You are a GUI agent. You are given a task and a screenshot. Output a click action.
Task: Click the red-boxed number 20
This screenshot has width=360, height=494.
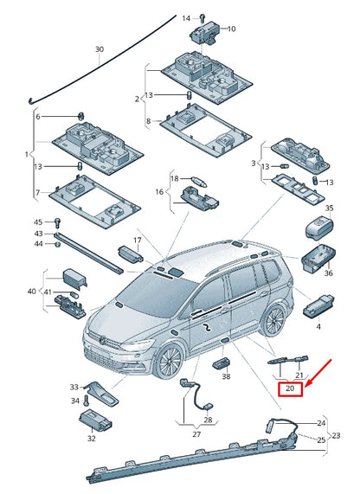pyautogui.click(x=291, y=389)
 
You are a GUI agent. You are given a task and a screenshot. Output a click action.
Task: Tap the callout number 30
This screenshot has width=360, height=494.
pyautogui.click(x=99, y=50)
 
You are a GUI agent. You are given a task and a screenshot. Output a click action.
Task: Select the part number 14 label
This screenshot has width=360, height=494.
pyautogui.click(x=186, y=17)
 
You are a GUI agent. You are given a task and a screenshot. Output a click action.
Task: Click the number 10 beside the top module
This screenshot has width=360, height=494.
pyautogui.click(x=231, y=29)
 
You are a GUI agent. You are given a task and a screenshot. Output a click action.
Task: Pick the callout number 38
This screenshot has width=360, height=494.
pyautogui.click(x=227, y=376)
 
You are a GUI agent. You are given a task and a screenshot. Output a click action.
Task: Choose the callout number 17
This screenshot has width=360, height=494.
pyautogui.click(x=136, y=240)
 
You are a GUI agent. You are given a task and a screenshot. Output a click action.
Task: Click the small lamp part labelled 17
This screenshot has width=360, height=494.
pyautogui.click(x=130, y=253)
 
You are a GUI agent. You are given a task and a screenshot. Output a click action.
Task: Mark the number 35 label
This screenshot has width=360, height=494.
pyautogui.click(x=328, y=209)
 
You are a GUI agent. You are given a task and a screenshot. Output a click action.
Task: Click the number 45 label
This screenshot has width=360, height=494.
pyautogui.click(x=38, y=222)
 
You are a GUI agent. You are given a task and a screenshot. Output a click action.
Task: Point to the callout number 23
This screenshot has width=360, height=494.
pyautogui.click(x=337, y=435)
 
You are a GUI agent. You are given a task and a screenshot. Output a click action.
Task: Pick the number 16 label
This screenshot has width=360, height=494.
pyautogui.click(x=159, y=192)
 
